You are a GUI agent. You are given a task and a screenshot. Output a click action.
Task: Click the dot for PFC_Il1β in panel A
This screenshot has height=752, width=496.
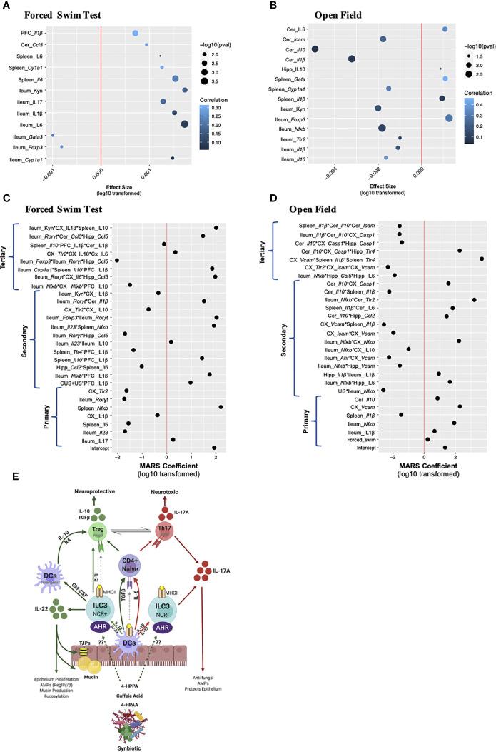pos(136,33)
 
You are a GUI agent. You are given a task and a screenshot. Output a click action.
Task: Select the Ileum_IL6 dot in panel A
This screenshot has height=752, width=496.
pos(185,124)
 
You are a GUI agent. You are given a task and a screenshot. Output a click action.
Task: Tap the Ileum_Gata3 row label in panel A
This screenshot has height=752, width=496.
pos(31,136)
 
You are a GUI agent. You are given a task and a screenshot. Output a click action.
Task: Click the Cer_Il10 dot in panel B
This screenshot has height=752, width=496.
pos(315,49)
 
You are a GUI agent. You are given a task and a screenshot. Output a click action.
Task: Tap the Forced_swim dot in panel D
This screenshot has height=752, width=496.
pos(427,439)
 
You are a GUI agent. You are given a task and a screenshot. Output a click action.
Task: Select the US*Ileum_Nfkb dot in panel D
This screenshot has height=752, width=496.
pos(383,390)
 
